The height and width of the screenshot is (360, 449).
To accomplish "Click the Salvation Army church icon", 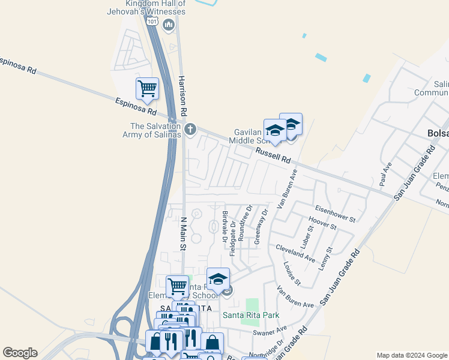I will coord(190,129).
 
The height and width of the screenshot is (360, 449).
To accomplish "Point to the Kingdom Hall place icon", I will coord(168,25).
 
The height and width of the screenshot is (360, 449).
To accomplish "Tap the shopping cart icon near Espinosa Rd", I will coord(147,89).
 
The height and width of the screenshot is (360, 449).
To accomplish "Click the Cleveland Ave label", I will coord(295,253).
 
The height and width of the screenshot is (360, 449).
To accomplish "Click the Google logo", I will coord(20,353).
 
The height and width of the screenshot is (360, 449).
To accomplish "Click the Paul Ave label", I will coord(385,173).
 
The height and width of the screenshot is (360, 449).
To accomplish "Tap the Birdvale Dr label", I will coord(224,226).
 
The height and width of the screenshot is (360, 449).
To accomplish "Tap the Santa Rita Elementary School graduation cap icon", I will coord(218,279).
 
